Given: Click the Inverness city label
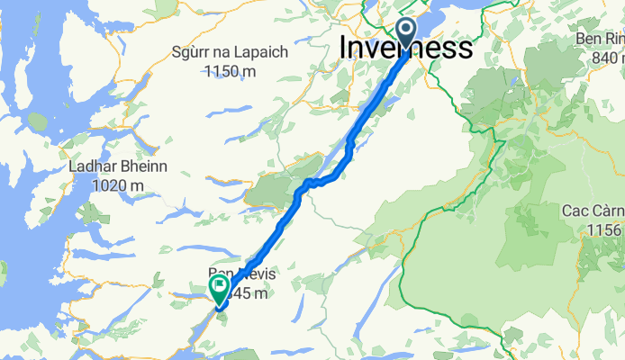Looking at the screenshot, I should [406, 49].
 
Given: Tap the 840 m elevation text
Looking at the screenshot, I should [605, 58].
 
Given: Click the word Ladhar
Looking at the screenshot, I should [88, 167].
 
